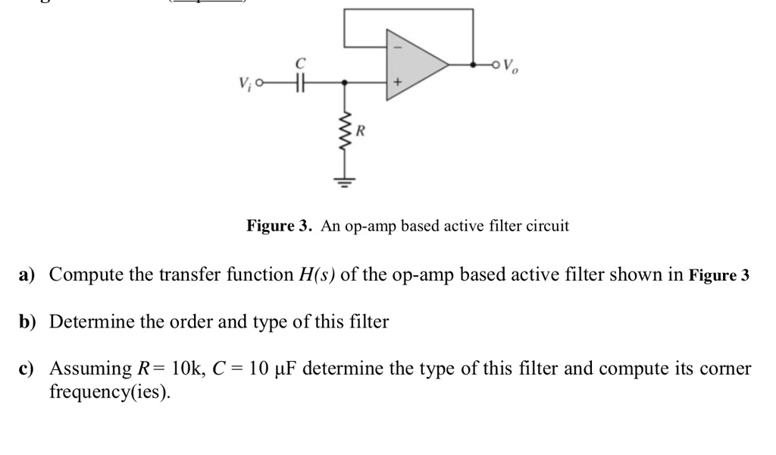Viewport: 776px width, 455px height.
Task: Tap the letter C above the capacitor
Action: [x=300, y=62]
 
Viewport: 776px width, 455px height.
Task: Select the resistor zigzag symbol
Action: [x=346, y=130]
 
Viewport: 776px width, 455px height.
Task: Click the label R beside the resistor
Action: [x=360, y=131]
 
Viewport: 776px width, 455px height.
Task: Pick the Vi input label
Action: [x=245, y=83]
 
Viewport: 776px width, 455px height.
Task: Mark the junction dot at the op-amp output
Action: [x=473, y=65]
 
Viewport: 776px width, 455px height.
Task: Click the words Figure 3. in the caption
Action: [x=280, y=226]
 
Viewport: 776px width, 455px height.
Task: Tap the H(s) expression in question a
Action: [x=315, y=275]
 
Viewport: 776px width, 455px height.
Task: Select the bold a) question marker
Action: [x=28, y=275]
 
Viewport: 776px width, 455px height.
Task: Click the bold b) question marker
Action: [x=28, y=322]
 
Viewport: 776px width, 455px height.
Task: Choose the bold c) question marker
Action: [x=28, y=369]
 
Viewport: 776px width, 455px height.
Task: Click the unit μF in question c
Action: [x=287, y=369]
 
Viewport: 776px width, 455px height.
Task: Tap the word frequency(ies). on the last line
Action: [x=109, y=393]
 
